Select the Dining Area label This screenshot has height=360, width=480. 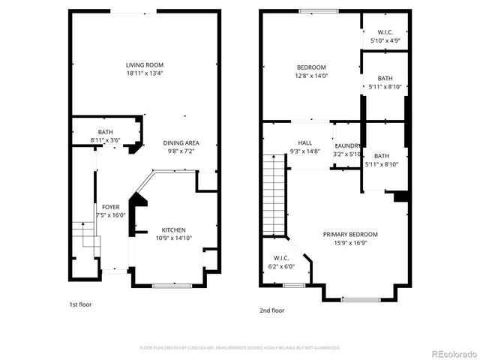point(181,143)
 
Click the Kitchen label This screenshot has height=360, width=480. point(173,230)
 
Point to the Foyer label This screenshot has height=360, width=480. point(110,207)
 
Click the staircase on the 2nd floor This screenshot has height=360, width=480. point(274,194)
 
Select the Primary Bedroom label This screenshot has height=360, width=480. point(350,235)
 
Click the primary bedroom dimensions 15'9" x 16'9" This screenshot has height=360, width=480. point(350,242)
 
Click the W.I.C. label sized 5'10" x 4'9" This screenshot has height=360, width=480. point(385,32)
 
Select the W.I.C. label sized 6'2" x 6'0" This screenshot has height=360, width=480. point(281,259)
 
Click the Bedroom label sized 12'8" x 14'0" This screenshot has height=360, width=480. point(310,67)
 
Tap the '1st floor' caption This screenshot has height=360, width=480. point(81,305)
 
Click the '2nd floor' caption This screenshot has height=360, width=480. point(272,310)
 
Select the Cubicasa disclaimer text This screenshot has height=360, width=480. point(240,348)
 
